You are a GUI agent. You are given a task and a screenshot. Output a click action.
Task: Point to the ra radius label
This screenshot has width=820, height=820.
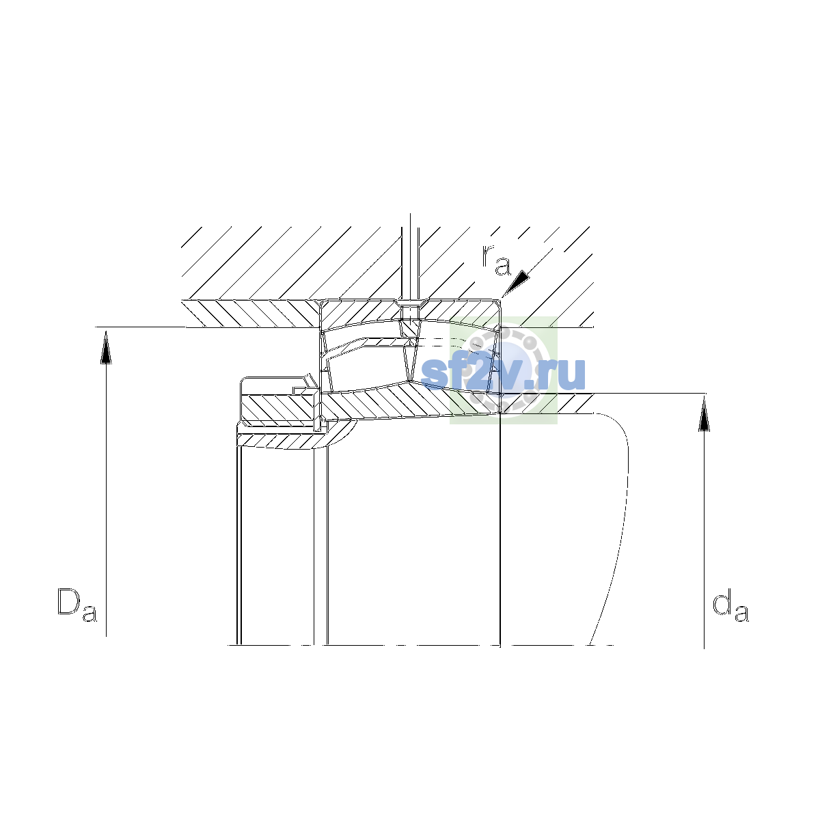point(496,260)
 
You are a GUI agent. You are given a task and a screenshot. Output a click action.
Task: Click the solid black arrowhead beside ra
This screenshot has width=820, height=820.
point(516,282)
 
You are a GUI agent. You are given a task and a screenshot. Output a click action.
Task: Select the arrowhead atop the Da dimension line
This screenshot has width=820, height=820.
point(106,347)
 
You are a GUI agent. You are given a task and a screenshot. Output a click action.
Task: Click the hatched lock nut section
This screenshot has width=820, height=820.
point(279,407)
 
